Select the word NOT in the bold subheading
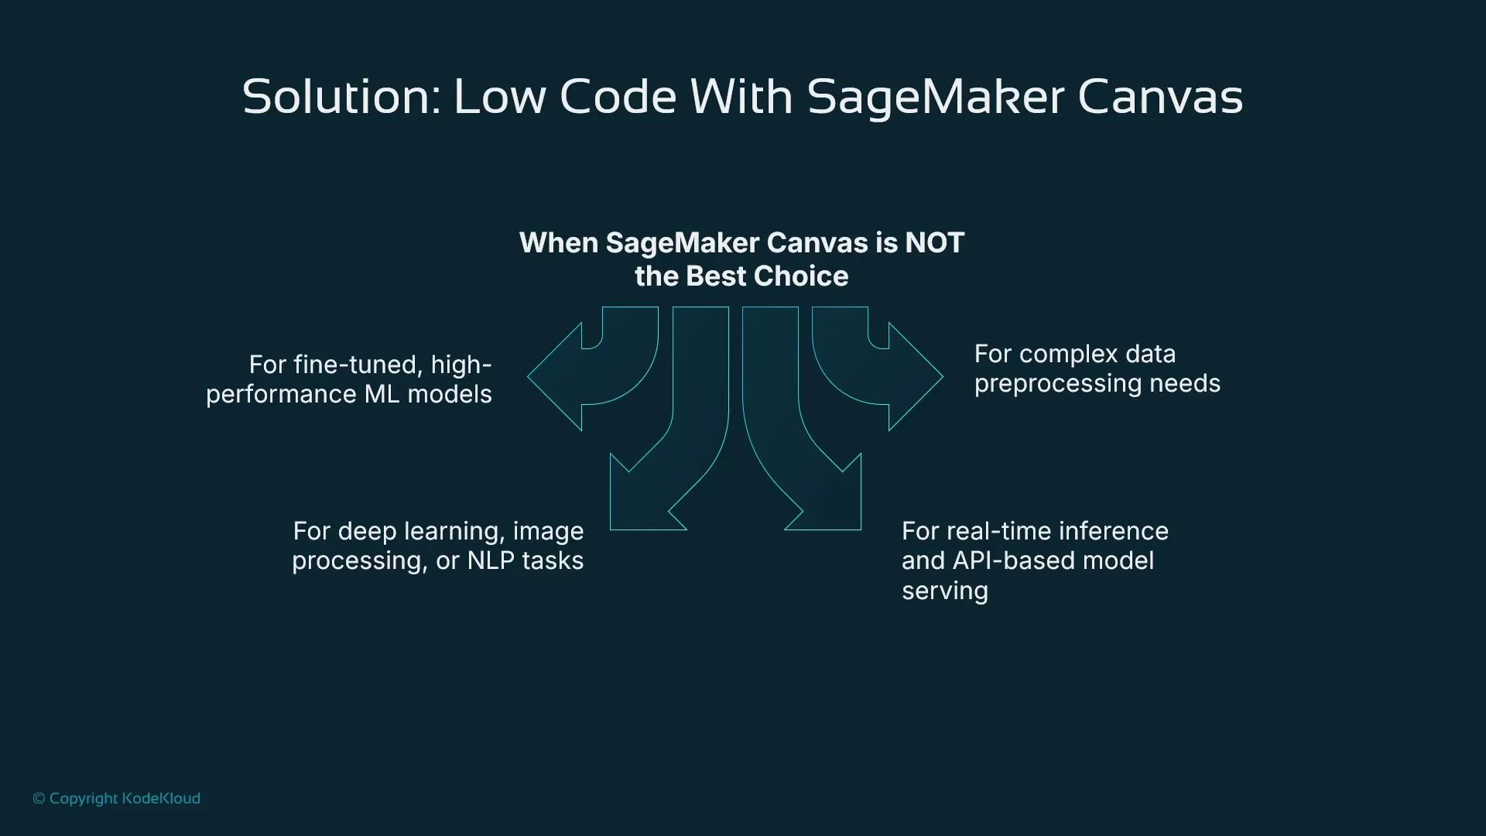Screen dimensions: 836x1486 point(934,243)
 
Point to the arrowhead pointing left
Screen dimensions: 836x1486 point(556,377)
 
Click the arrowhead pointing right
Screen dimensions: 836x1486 point(915,377)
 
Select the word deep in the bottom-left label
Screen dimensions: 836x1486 point(367,532)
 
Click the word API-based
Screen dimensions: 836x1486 point(1014,560)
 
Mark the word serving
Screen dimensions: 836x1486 point(944,591)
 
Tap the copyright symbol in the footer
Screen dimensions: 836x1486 point(39,799)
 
